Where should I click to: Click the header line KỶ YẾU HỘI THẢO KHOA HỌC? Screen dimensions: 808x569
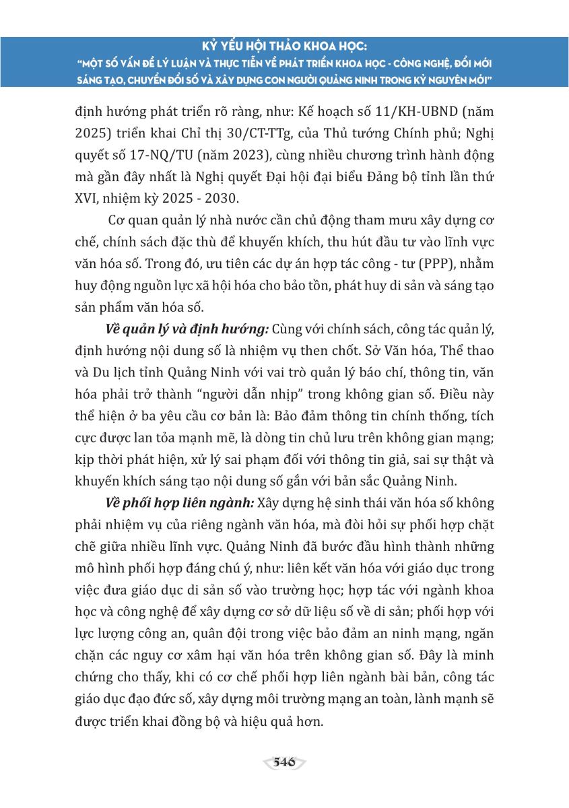[284, 46]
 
